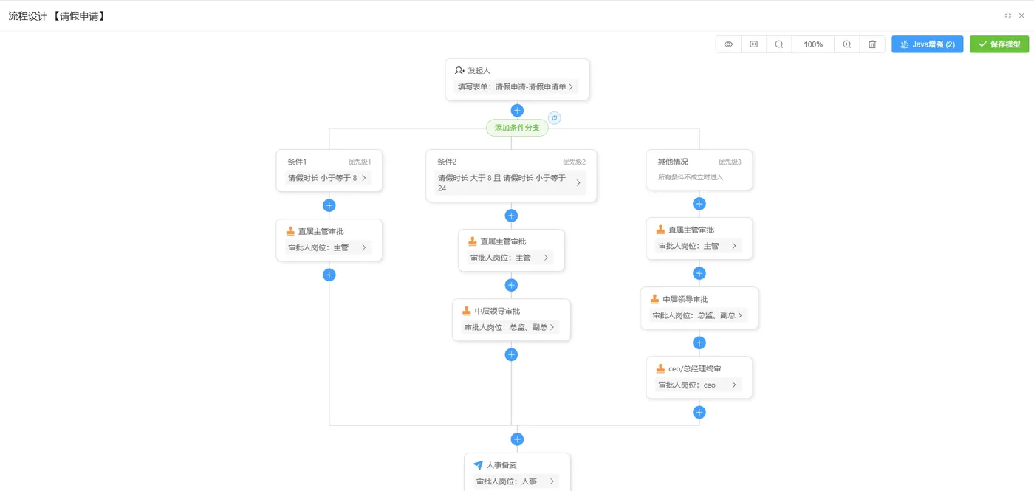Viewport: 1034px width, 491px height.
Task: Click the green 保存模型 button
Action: tap(999, 44)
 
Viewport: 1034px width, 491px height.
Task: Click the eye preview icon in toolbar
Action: tap(728, 44)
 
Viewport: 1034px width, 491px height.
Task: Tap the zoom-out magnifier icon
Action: tap(779, 44)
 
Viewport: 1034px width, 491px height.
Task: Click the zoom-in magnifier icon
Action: tap(847, 44)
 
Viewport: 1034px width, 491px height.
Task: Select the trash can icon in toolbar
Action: tap(872, 44)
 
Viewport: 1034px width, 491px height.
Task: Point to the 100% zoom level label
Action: tap(813, 44)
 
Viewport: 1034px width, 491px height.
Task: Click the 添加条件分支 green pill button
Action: tap(517, 128)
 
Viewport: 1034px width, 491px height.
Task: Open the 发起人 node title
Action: tap(479, 70)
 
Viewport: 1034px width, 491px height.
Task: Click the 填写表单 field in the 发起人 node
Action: tap(515, 87)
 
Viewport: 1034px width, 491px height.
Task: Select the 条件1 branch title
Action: tap(297, 162)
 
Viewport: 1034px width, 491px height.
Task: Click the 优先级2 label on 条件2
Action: tap(574, 162)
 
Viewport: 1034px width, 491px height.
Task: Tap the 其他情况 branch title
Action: tap(673, 162)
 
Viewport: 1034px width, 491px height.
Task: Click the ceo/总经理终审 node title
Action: tap(694, 368)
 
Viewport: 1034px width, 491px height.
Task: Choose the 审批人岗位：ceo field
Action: tap(698, 385)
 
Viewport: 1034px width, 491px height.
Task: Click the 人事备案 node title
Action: tap(501, 465)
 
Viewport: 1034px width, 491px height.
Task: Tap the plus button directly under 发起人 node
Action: tap(517, 111)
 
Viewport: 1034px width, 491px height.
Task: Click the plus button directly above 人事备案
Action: tap(517, 439)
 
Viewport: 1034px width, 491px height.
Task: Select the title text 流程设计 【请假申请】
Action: tap(57, 16)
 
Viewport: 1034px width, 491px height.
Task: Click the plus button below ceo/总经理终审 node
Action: tap(699, 412)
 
